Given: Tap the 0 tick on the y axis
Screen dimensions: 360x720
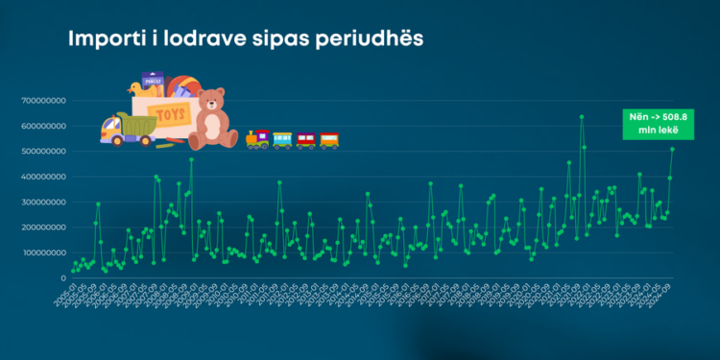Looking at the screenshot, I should (63, 278).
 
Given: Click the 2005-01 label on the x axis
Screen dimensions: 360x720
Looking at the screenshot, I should (65, 297).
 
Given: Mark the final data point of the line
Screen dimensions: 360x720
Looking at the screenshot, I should (672, 149).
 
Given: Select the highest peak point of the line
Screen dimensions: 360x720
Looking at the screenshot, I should (582, 117).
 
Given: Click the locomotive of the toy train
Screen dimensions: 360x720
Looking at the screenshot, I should (257, 140).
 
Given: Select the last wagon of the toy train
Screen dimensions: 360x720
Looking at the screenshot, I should (329, 140).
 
